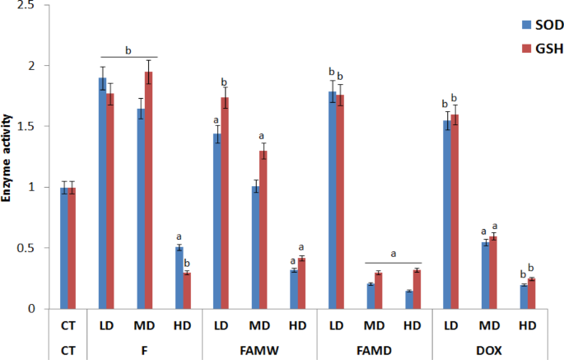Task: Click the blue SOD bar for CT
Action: point(64,248)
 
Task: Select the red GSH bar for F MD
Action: point(148,190)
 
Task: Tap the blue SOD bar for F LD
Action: point(103,194)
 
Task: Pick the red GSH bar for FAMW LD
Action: point(225,203)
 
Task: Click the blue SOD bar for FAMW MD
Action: point(255,247)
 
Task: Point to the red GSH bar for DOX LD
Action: point(454,212)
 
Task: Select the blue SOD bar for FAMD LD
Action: point(333,200)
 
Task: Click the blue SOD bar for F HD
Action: point(179,278)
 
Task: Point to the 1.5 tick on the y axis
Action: point(46,126)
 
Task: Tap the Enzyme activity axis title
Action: point(7,158)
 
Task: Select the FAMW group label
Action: point(259,350)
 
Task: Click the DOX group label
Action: point(489,350)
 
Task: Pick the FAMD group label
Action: point(374,350)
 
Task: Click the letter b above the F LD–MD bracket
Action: point(128,51)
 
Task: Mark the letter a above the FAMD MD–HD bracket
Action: point(393,254)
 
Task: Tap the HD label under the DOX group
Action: point(527,325)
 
